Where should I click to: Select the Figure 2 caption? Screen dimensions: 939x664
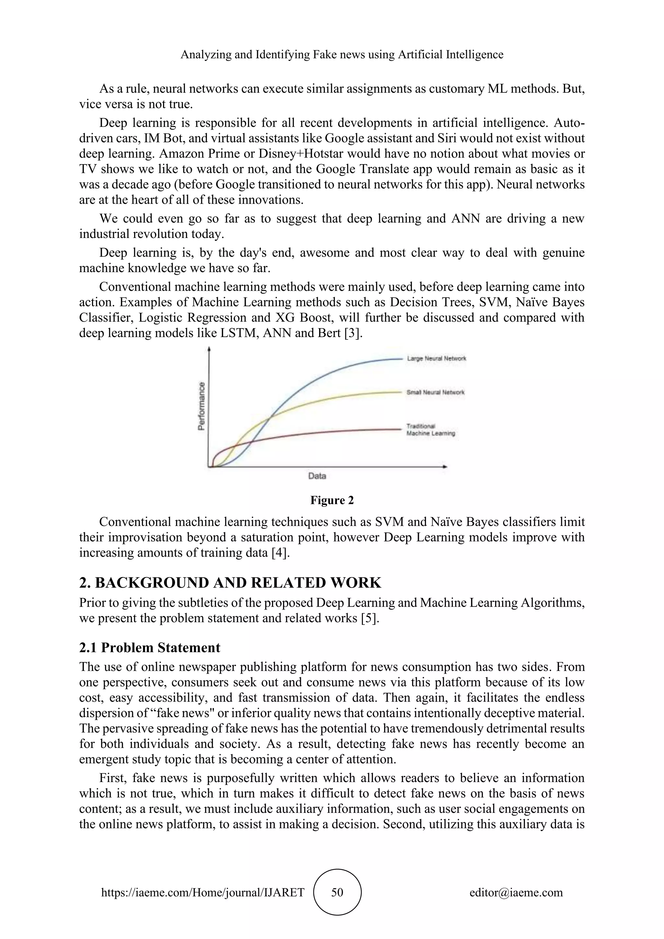click(x=332, y=500)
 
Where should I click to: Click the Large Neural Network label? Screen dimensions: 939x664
click(x=436, y=358)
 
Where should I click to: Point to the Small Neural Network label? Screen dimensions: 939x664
click(x=435, y=392)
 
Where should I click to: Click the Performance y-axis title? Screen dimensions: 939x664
click(x=201, y=406)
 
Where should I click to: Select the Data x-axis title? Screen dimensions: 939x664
click(x=317, y=476)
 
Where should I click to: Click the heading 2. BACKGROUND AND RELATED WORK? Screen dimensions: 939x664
click(x=230, y=582)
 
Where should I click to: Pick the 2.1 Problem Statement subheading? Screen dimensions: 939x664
click(x=150, y=648)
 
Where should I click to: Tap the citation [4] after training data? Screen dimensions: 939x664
click(x=280, y=553)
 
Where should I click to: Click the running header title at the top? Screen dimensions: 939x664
click(x=342, y=54)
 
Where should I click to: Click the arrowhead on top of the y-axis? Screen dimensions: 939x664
click(x=209, y=349)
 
